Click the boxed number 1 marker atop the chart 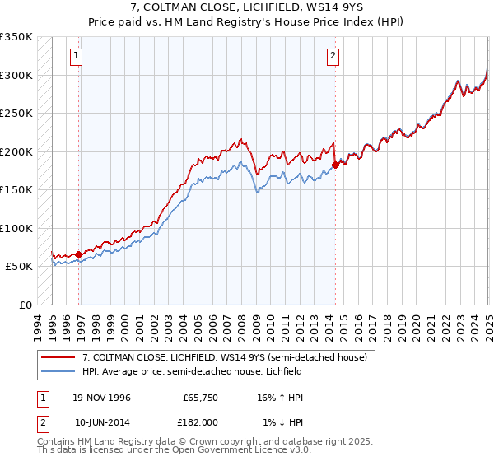point(76,56)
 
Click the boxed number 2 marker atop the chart point(333,56)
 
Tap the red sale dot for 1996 point(79,254)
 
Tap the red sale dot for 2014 point(336,165)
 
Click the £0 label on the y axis point(25,305)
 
